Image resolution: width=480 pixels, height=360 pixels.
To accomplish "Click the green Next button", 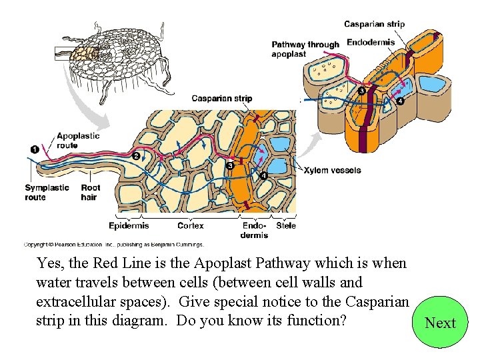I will (440, 323).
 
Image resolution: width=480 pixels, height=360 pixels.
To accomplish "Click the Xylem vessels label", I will (332, 170).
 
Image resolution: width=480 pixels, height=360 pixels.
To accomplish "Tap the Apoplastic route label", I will (78, 140).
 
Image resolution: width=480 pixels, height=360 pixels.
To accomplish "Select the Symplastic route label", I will (47, 192).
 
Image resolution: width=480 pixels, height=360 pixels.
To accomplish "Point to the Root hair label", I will (90, 192).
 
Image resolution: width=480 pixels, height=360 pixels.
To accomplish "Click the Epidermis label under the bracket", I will (128, 226).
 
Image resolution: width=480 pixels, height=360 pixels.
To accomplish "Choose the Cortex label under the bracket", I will (190, 226).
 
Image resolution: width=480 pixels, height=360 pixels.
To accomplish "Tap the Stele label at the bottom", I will (286, 226).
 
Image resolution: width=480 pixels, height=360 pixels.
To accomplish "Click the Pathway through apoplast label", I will (305, 49).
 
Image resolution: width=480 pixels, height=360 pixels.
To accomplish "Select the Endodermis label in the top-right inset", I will (371, 42).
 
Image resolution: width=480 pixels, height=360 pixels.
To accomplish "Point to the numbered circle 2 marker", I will (136, 155).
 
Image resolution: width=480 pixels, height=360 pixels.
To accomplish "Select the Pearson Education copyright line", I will (113, 245).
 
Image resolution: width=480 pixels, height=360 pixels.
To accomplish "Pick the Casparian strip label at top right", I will (374, 24).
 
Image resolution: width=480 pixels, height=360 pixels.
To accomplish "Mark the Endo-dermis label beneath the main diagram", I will (254, 230).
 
